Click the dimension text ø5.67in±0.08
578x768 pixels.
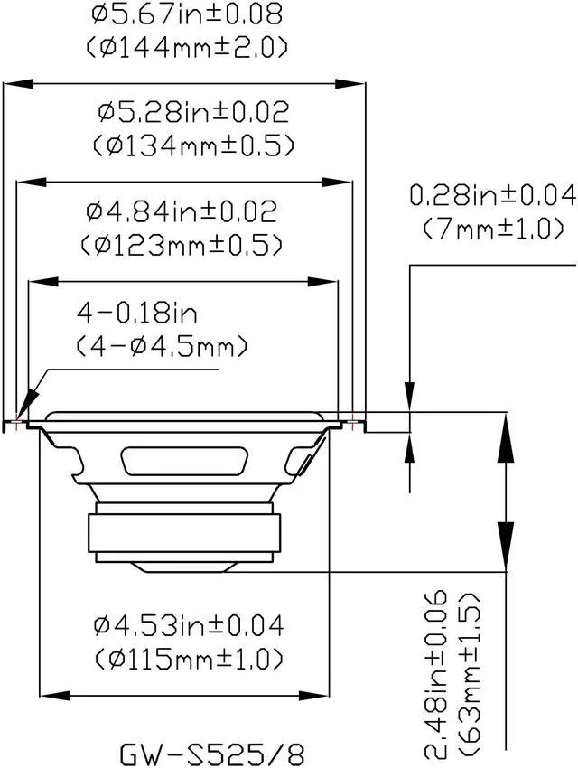(x=187, y=14)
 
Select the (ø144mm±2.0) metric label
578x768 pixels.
(x=187, y=48)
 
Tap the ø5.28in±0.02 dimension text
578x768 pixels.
(x=194, y=112)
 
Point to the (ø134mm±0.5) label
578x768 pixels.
(x=194, y=145)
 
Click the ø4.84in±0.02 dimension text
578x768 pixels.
(x=182, y=211)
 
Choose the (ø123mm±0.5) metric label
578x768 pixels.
(x=182, y=245)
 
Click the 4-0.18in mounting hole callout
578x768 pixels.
(x=137, y=313)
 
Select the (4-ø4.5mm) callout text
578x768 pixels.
(x=162, y=346)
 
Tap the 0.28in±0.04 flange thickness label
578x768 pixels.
(x=493, y=195)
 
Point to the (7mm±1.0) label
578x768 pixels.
(x=493, y=229)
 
